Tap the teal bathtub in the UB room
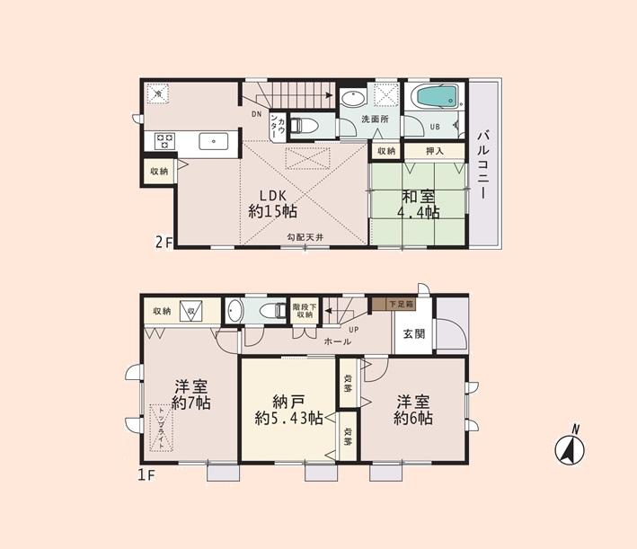[433, 97]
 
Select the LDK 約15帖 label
[272, 203]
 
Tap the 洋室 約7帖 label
[192, 396]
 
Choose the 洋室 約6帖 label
[413, 410]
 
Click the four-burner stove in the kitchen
[165, 140]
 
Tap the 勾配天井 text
[305, 237]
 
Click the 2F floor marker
[162, 242]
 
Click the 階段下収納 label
[304, 310]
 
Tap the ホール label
[337, 341]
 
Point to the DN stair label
[256, 114]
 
